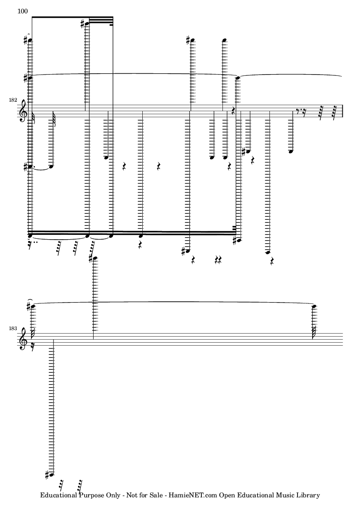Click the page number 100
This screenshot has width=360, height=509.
tap(23, 11)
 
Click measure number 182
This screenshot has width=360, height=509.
tap(13, 100)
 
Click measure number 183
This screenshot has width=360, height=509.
tap(13, 328)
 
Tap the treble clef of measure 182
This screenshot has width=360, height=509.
tap(23, 113)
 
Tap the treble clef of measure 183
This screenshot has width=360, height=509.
tap(23, 341)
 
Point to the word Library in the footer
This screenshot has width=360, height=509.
tap(310, 495)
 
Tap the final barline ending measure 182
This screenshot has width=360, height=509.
tap(343, 112)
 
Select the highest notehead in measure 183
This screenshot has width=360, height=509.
tap(95, 259)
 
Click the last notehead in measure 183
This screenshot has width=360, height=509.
tap(314, 306)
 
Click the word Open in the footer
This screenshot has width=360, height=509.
tap(228, 495)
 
